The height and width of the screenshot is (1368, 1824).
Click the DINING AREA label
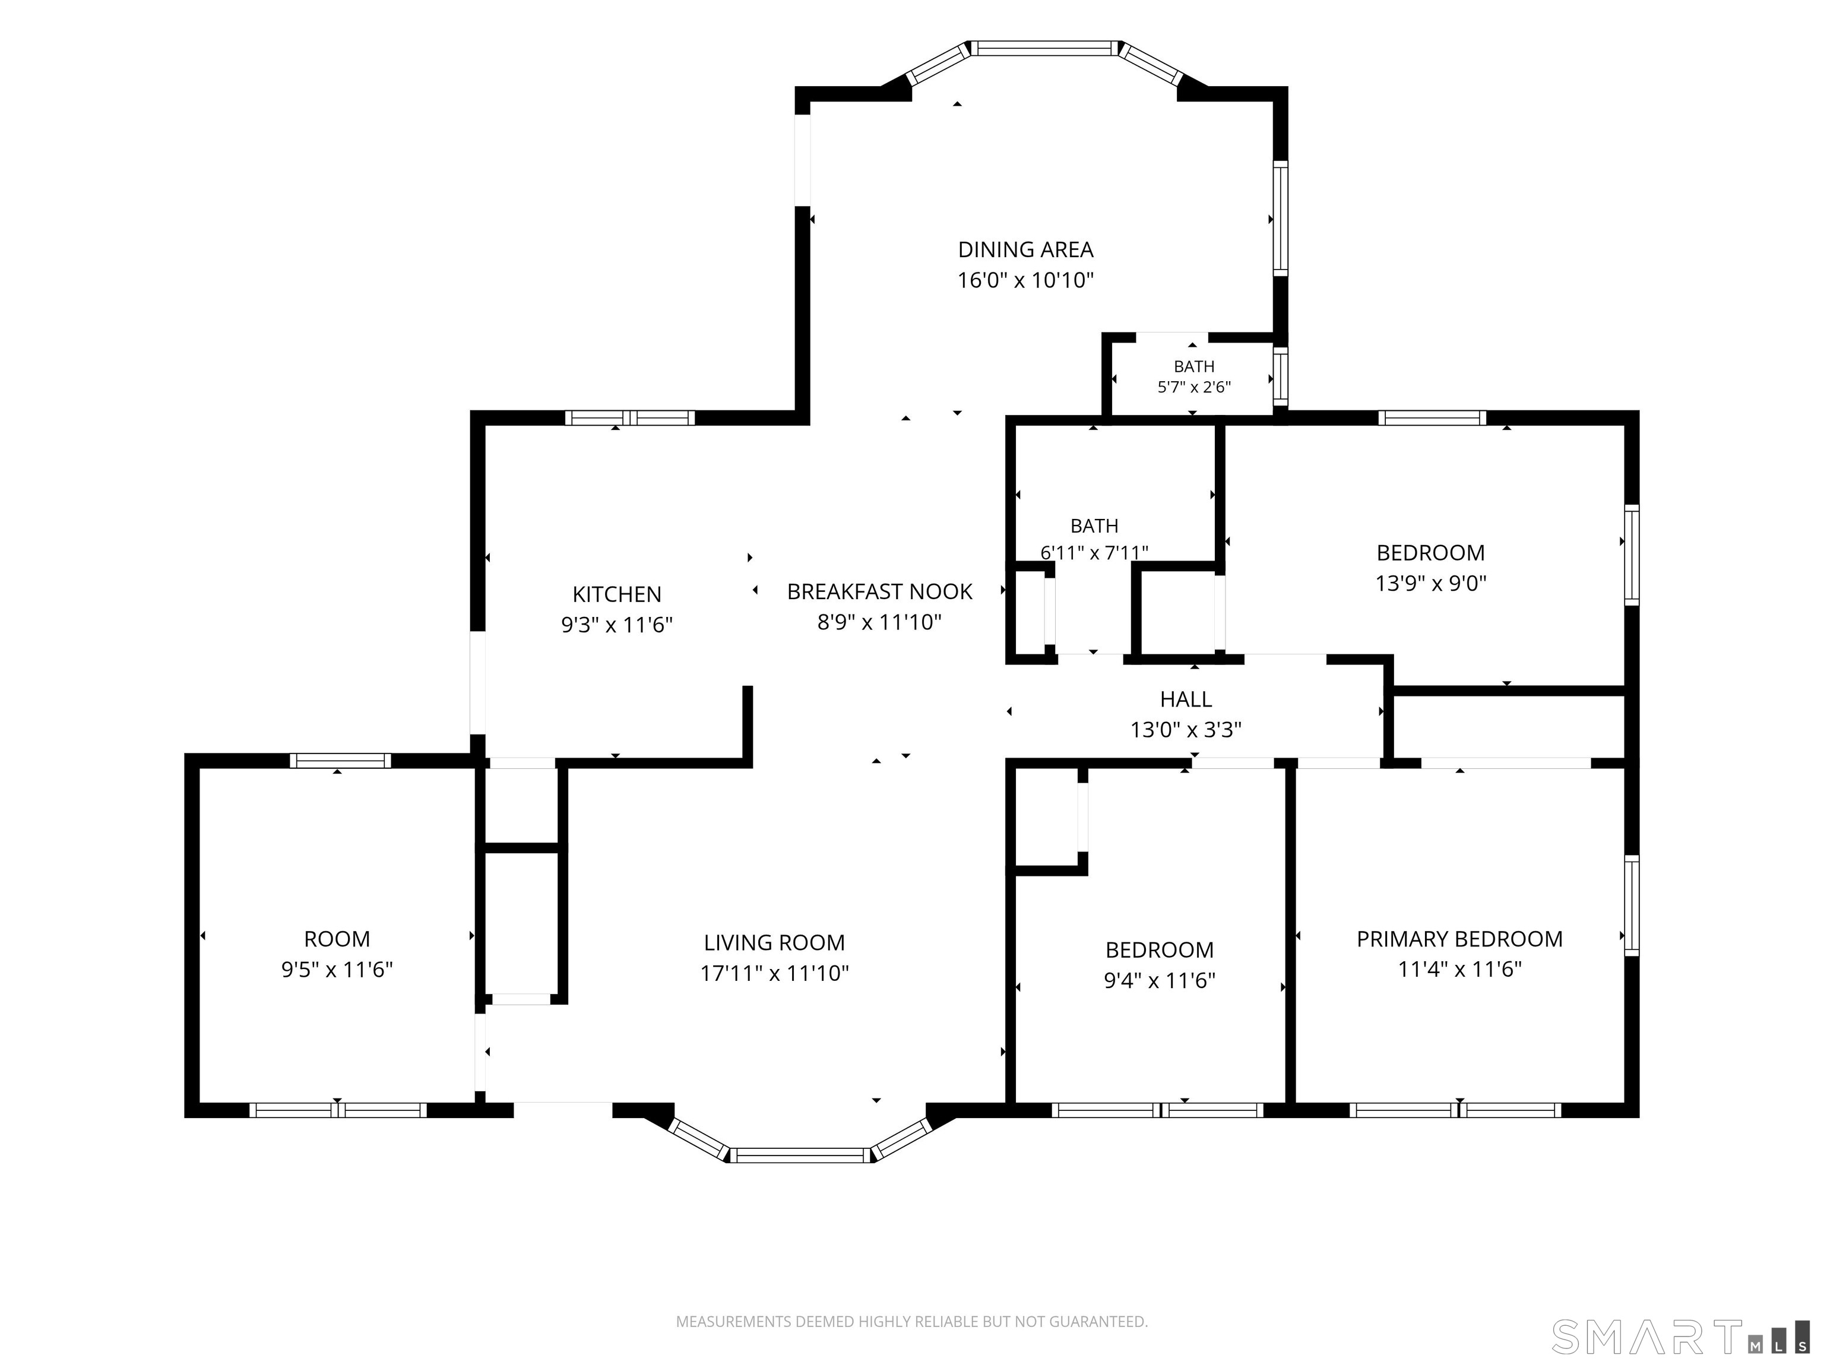(x=1026, y=249)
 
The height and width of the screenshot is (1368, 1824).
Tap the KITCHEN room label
(x=617, y=594)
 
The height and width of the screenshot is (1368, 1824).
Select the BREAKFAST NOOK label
(x=880, y=591)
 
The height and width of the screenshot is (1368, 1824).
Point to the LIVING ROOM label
(x=774, y=942)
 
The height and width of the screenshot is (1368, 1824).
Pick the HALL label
(x=1186, y=699)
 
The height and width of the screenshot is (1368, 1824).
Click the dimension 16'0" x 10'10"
(x=1026, y=280)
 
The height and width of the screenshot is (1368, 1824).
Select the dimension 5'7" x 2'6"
(x=1194, y=387)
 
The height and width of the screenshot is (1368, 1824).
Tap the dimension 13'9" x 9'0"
(x=1431, y=583)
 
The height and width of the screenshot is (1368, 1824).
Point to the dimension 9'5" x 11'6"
(x=337, y=969)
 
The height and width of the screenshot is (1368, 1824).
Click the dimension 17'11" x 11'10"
(x=774, y=973)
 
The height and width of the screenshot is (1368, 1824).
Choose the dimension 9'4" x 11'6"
(x=1160, y=980)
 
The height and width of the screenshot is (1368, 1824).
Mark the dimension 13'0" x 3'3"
(x=1186, y=730)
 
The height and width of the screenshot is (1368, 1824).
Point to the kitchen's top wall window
(x=630, y=418)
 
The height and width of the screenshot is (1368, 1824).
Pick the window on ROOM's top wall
(x=341, y=760)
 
